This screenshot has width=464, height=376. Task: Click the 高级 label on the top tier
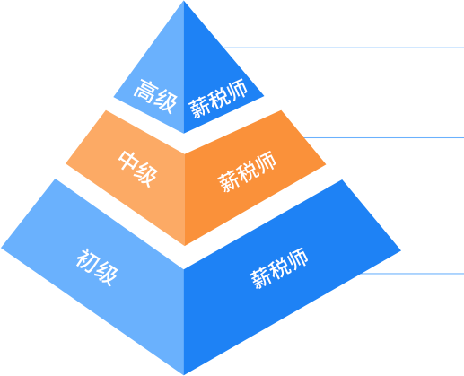[x=155, y=97]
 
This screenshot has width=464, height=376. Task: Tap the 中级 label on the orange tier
[x=138, y=169]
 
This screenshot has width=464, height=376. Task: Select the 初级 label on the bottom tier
[x=97, y=267]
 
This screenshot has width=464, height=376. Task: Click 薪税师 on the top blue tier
[x=218, y=98]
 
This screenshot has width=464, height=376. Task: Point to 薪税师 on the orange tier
[x=247, y=171]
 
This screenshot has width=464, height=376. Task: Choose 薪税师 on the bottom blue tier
[x=279, y=268]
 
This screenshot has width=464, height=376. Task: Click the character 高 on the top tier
[x=144, y=91]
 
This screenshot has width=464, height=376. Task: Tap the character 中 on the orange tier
[x=128, y=162]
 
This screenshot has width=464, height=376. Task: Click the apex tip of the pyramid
[x=184, y=1]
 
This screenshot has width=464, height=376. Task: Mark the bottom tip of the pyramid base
[x=184, y=375]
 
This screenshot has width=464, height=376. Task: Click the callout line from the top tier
[x=344, y=48]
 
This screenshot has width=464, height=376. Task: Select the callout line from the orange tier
[x=383, y=138]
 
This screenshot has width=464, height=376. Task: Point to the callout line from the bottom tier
[x=412, y=274]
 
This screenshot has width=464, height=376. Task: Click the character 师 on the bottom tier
[x=297, y=258]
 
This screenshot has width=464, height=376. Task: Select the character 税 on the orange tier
[x=247, y=171]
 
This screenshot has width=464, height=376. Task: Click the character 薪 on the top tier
[x=198, y=108]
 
